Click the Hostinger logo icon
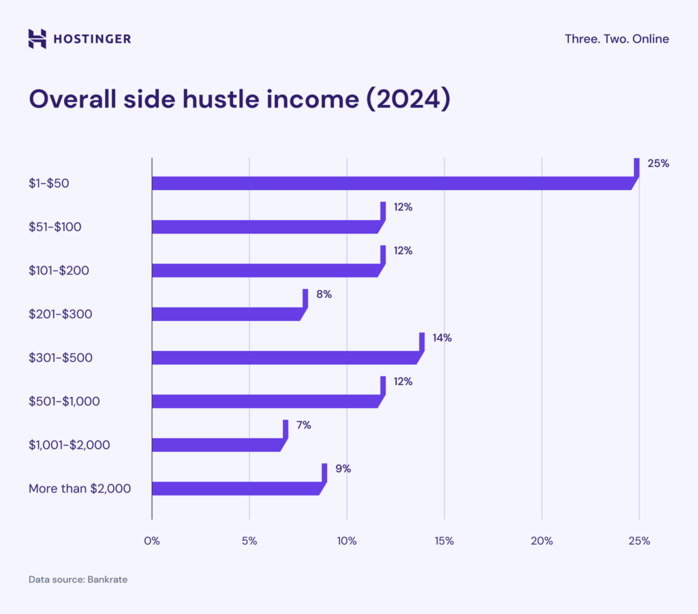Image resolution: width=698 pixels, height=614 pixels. click(37, 39)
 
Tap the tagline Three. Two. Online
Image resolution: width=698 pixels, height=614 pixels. click(616, 39)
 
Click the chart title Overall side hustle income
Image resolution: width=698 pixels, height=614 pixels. click(239, 99)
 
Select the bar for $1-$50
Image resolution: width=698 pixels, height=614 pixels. click(392, 183)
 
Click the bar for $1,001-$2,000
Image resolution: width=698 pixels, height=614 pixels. click(217, 445)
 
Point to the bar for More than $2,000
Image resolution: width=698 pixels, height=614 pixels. click(236, 489)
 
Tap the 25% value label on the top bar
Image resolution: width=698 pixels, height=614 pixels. click(658, 164)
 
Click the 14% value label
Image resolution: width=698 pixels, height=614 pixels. click(442, 338)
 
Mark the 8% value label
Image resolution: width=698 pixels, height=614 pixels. click(323, 294)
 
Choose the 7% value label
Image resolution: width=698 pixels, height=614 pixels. click(303, 425)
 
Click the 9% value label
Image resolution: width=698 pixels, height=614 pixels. click(342, 469)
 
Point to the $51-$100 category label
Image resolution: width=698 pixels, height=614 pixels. click(55, 227)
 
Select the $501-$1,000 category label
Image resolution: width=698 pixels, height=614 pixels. click(64, 401)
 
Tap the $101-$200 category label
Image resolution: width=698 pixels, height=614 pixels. click(59, 271)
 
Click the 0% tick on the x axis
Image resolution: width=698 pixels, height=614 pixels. click(151, 541)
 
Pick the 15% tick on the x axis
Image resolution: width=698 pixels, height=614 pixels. click(444, 541)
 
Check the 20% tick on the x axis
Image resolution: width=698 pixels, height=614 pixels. click(542, 541)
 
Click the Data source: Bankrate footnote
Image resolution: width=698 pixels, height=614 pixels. click(78, 580)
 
